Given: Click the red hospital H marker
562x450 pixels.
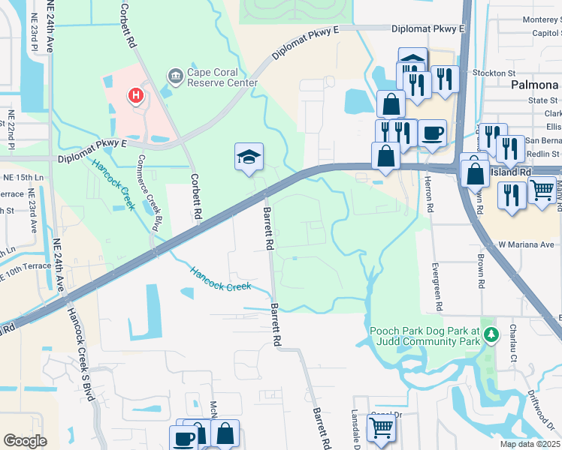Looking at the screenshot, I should (136, 95).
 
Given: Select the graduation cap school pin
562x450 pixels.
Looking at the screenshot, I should (249, 157).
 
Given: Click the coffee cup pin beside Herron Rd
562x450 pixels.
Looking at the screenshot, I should (432, 134).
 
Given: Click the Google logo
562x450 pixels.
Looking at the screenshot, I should (25, 440).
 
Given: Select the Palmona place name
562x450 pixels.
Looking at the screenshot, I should (536, 85).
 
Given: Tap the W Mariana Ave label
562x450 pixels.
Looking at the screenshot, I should (526, 244).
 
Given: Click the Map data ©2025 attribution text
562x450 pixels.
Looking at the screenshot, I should (530, 444).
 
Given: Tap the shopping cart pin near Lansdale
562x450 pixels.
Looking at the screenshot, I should (381, 427).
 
